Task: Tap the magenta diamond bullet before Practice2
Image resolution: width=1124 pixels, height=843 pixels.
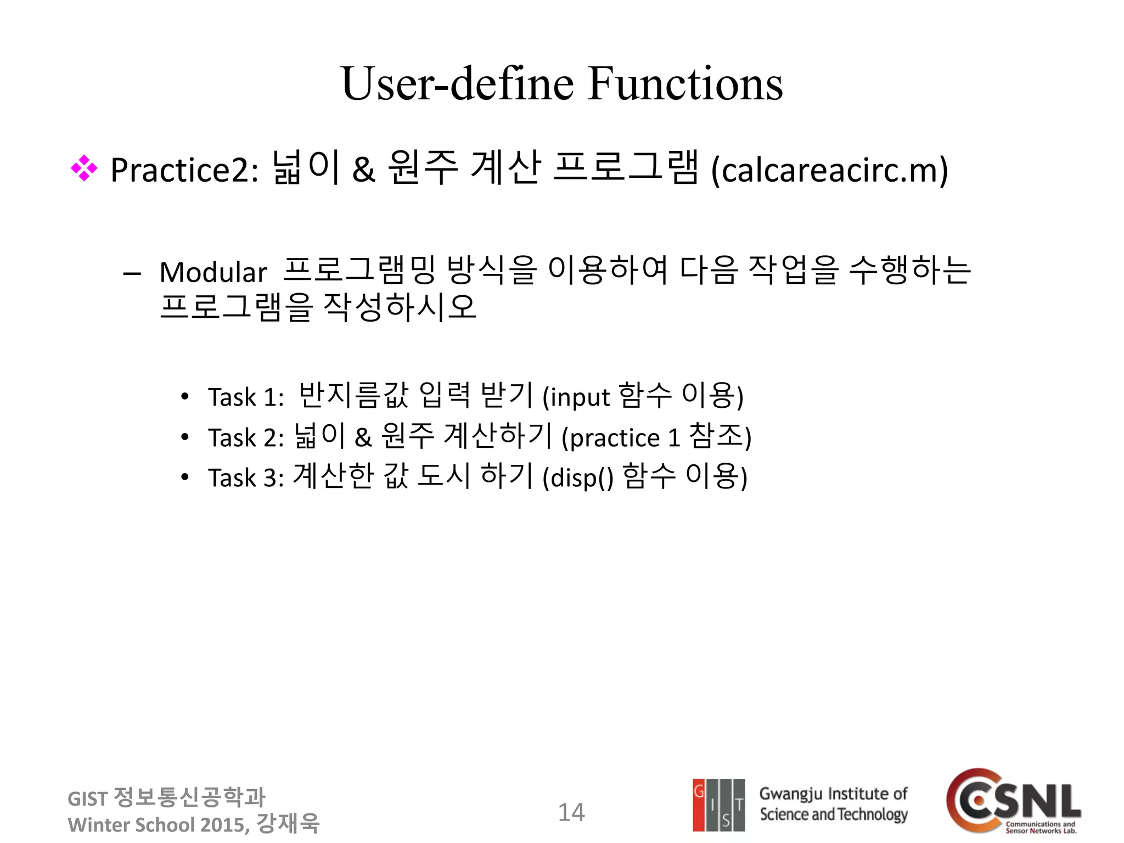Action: click(x=84, y=168)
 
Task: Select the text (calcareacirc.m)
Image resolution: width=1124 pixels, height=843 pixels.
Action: click(x=829, y=170)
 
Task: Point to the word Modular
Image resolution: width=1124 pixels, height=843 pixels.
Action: click(x=213, y=273)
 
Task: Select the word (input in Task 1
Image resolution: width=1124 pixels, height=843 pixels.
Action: click(x=576, y=397)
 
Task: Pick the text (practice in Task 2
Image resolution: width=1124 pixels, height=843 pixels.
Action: click(x=610, y=438)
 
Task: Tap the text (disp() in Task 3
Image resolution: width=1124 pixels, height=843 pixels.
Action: click(x=578, y=478)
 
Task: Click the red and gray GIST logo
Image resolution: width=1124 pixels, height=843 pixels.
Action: click(x=719, y=805)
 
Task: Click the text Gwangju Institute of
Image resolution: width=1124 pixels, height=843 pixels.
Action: click(x=833, y=794)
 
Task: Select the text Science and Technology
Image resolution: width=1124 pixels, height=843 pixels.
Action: click(x=833, y=815)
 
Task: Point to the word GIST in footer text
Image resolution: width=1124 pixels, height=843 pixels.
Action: click(x=87, y=799)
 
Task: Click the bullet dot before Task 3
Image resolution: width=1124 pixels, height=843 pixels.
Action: click(x=185, y=477)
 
